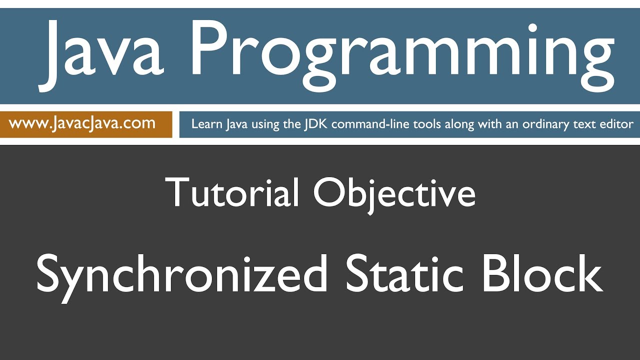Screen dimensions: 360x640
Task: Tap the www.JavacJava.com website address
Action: pyautogui.click(x=82, y=123)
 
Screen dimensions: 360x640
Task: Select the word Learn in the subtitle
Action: pyautogui.click(x=205, y=124)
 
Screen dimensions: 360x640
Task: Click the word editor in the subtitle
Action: pyautogui.click(x=616, y=124)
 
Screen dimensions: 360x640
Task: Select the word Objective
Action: pyautogui.click(x=394, y=192)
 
